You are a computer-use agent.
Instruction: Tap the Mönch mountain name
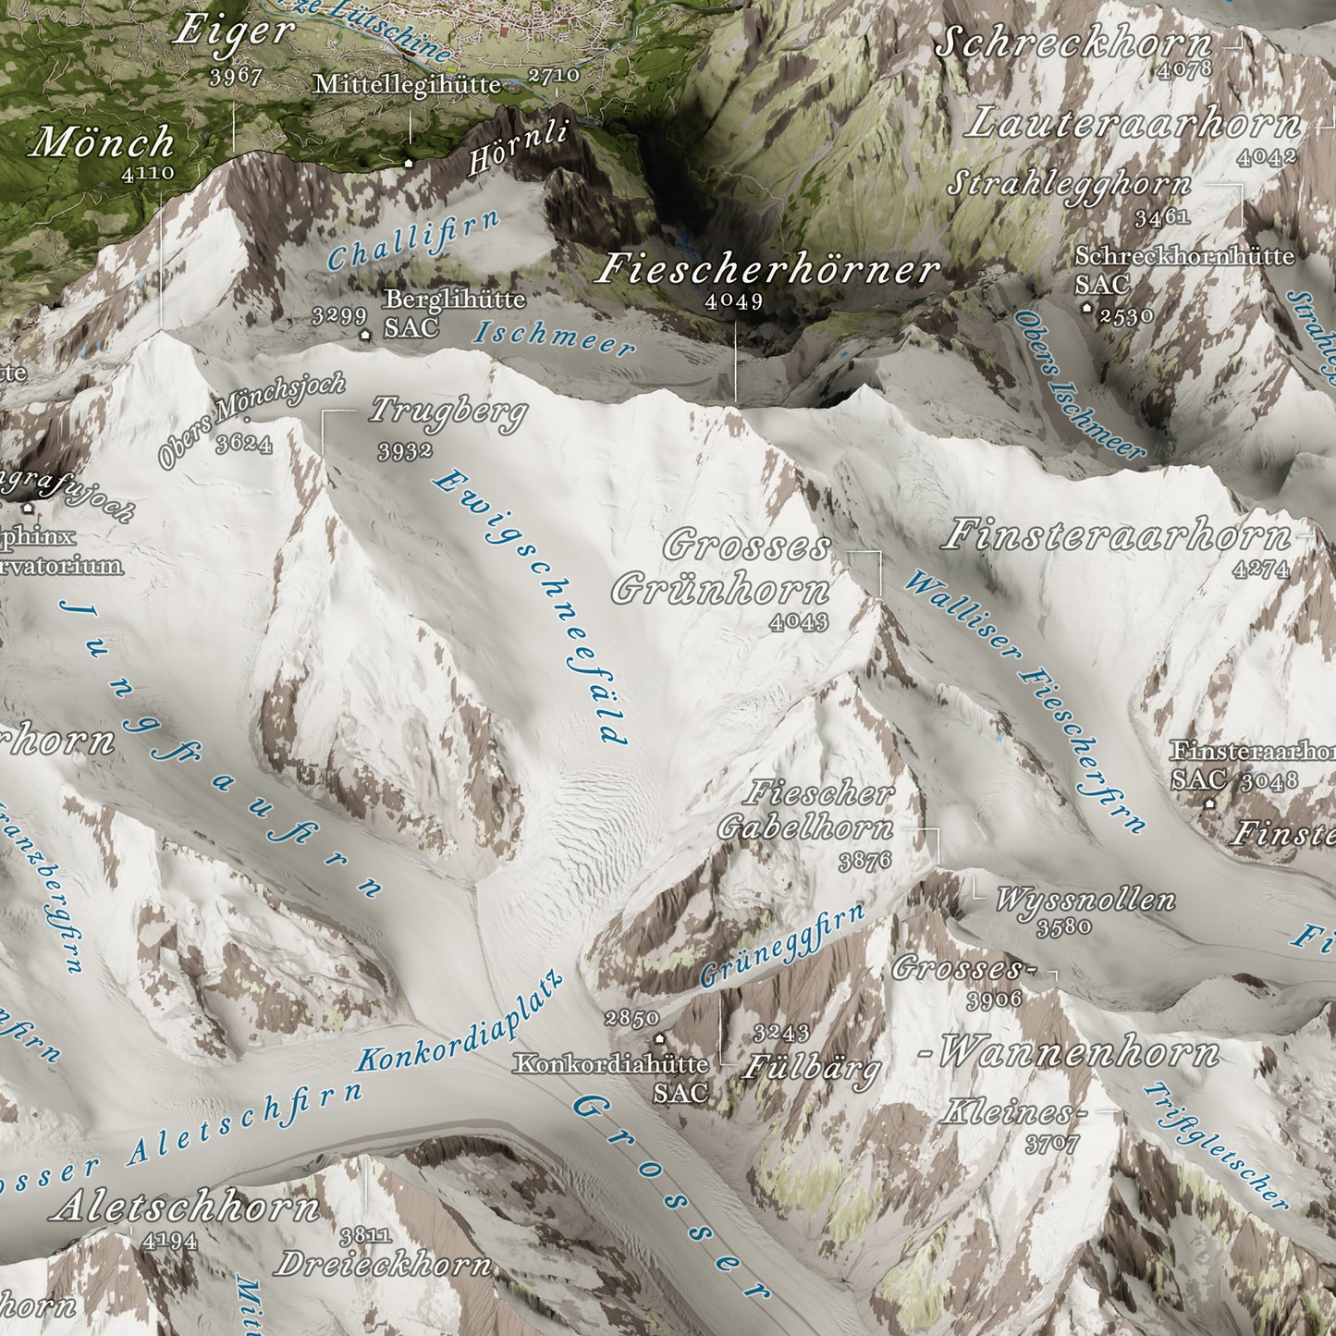point(103,142)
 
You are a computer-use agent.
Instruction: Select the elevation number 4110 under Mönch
point(147,173)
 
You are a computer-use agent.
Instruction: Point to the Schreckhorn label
point(1072,43)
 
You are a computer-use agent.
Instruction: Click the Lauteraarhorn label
point(1132,124)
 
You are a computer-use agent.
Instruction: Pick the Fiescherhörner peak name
point(768,270)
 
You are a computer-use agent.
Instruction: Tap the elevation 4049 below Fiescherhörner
point(734,301)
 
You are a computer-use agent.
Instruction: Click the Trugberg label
point(448,411)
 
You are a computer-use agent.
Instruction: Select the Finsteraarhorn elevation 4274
point(1260,570)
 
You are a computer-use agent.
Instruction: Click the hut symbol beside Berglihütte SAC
point(367,335)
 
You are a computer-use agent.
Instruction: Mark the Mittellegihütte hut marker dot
point(409,163)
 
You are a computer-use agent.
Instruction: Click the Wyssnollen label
point(1085,899)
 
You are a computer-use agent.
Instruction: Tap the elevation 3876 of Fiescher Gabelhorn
point(865,862)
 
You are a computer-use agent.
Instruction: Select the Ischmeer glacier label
point(554,338)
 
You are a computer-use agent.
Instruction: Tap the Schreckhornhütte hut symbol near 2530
point(1086,307)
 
